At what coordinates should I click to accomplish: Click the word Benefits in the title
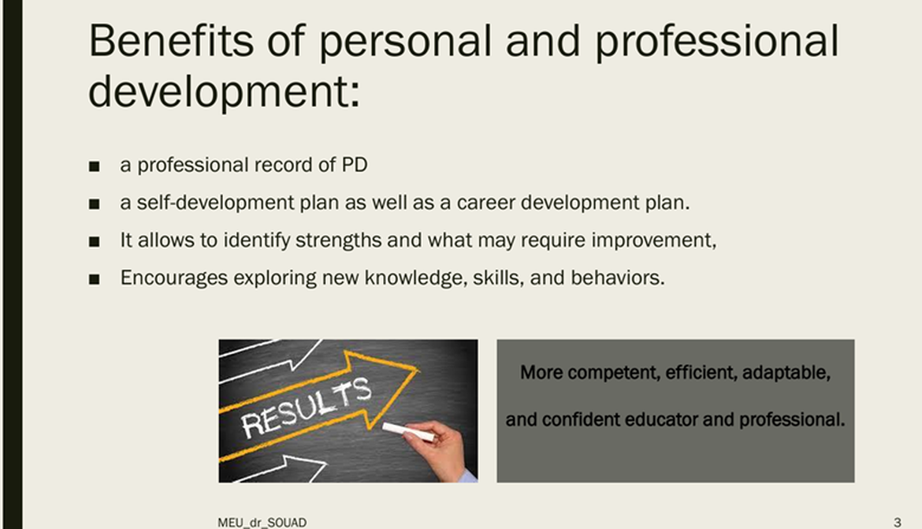pos(171,40)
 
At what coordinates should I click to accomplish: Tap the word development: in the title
pos(224,92)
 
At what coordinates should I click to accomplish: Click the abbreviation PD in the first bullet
pos(355,165)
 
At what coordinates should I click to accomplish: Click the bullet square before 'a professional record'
pos(94,166)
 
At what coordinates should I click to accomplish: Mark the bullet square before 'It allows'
pos(94,242)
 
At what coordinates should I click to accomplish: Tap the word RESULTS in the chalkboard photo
pos(307,407)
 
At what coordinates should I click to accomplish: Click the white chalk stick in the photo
pos(409,432)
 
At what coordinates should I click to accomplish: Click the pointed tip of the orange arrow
pos(418,370)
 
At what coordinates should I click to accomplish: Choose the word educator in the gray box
pos(660,419)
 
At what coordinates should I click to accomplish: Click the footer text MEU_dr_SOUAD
pos(262,523)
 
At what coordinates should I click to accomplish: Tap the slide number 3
pos(898,522)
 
